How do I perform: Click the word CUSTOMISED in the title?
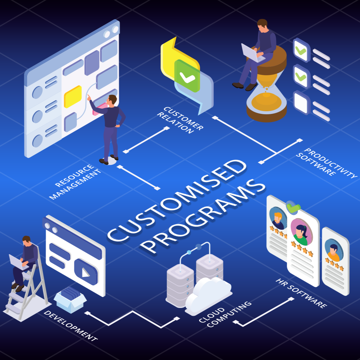coord(177,200)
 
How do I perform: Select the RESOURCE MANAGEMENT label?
coord(75,182)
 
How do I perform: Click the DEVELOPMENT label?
coord(70,326)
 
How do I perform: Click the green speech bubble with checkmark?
coord(187,76)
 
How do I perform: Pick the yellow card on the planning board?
coord(73,97)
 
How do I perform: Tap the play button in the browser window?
coord(86,272)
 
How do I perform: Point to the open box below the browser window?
coord(70,299)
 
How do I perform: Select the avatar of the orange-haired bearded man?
coord(278,218)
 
